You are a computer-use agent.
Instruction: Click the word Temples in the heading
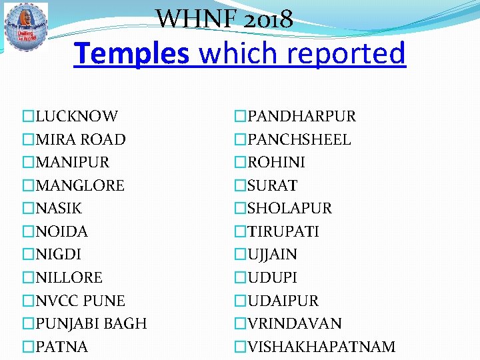131,53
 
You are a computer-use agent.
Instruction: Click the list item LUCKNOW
77,117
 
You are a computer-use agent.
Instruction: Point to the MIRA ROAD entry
81,139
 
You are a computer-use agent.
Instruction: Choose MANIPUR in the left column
73,163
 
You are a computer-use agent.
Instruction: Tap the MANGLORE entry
80,185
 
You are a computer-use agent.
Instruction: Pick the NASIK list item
59,209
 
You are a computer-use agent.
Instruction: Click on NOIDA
62,231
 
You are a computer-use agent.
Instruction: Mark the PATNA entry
62,347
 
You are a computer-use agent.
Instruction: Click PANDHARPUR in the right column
301,117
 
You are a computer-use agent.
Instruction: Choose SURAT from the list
272,185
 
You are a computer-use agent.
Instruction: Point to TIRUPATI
283,231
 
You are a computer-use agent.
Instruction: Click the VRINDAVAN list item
294,324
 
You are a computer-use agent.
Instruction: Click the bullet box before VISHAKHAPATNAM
240,347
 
